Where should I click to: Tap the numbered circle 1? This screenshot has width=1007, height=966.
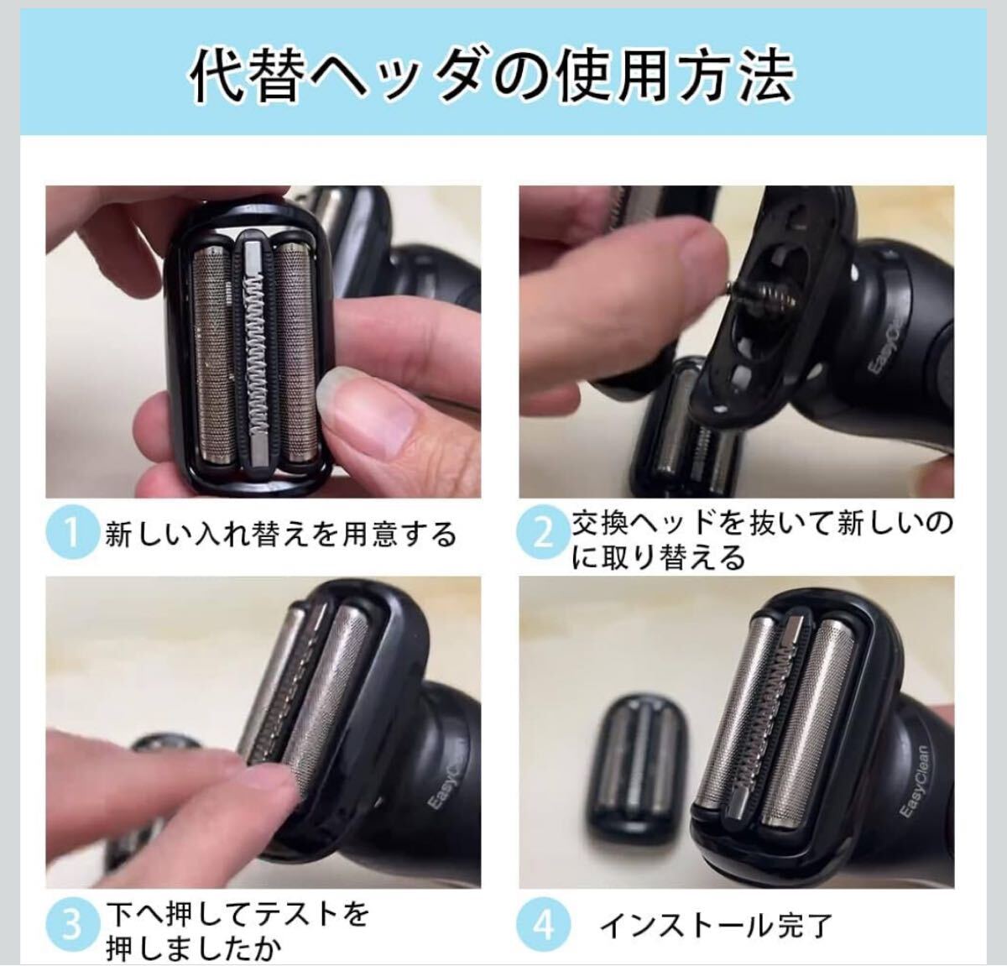pyautogui.click(x=72, y=532)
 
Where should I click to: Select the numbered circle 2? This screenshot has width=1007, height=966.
pyautogui.click(x=543, y=532)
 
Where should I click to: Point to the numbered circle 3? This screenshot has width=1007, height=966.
pyautogui.click(x=72, y=925)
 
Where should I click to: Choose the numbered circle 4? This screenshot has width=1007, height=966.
pyautogui.click(x=543, y=925)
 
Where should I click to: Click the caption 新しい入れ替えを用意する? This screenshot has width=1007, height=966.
pyautogui.click(x=280, y=534)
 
